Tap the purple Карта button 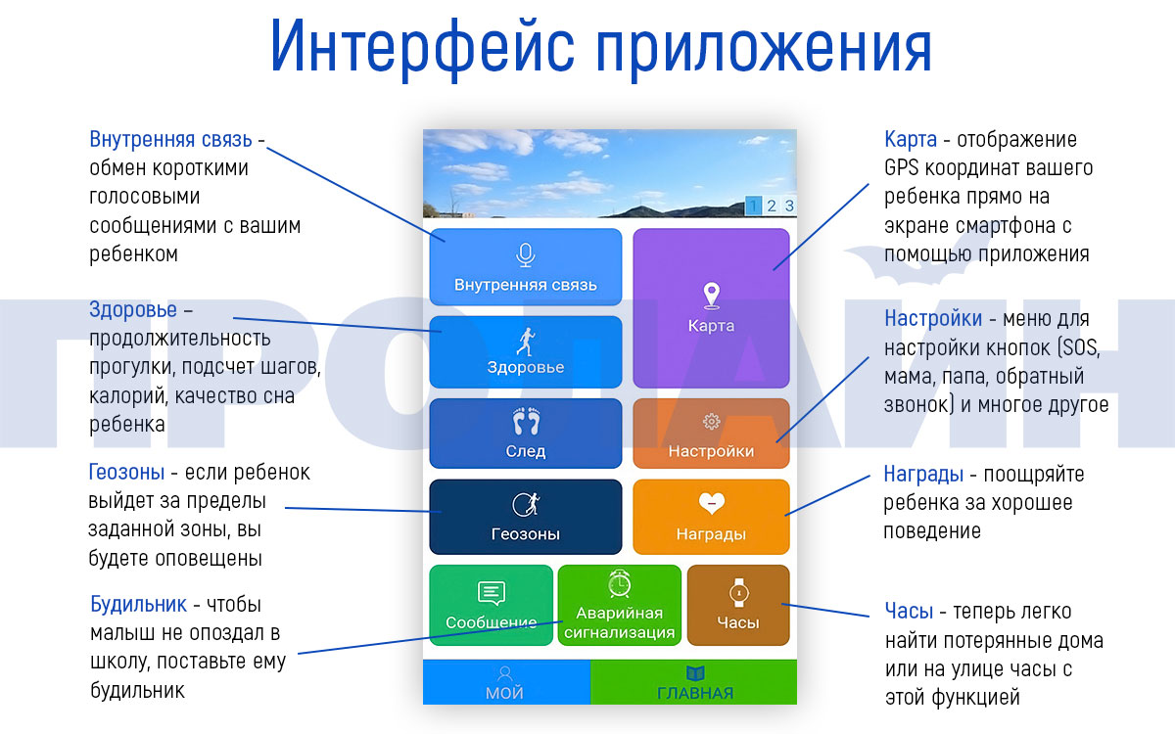point(711,308)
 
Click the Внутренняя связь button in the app point(526,266)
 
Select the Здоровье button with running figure point(526,351)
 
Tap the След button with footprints point(526,434)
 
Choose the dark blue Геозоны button point(526,517)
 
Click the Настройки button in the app point(711,434)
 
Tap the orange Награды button point(711,517)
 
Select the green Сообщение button point(492,605)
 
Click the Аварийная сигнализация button point(619,605)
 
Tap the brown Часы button point(737,605)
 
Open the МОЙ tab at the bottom point(505,682)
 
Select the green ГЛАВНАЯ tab point(694,682)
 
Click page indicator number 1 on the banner point(753,206)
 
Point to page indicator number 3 point(789,206)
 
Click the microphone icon point(526,254)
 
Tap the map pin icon point(711,295)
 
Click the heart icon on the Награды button point(711,503)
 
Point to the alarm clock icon point(619,584)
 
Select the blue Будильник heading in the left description point(138,604)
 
